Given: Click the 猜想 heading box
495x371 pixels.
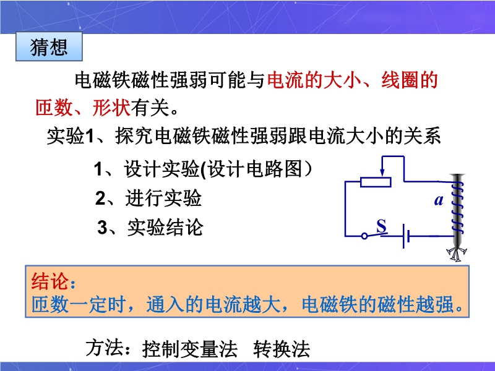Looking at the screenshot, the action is coord(49,46).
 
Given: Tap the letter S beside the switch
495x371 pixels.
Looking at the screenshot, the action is coord(381,226).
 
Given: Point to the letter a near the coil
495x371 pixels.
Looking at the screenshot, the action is coord(439,200).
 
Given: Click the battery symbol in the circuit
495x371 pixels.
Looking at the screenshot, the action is coord(406,236).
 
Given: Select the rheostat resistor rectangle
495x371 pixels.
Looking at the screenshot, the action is coord(376,182).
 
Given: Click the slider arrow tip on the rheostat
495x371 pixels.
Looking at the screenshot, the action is coord(382,176).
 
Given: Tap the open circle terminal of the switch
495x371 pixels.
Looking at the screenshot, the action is coord(364,236).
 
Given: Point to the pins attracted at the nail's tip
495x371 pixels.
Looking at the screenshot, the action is coord(457,254).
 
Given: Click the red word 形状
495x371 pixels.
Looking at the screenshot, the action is coord(111,107).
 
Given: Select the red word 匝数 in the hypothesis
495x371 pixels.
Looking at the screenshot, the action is coord(54,107).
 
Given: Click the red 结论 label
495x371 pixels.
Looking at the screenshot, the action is coord(50,281).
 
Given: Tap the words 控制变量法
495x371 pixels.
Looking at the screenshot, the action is coord(190,349).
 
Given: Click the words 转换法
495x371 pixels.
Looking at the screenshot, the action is coord(282,349).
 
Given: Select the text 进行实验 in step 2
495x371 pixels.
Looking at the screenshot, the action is coord(163,198).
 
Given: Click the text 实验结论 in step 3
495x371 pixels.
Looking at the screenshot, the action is coord(165,227).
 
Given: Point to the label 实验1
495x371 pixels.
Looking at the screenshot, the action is coord(71,136).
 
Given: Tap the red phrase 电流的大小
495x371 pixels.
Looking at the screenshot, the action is coord(314,80).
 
